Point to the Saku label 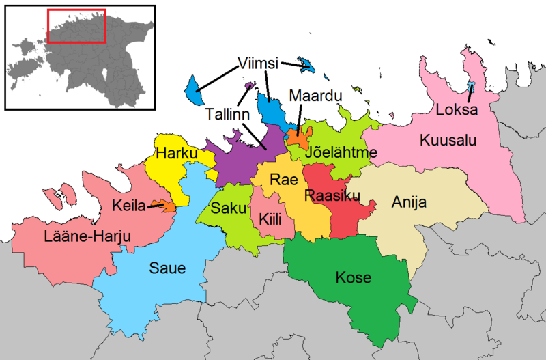point(225,208)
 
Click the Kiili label point(270,219)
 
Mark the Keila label point(128,205)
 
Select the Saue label point(168,268)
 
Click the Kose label point(354,277)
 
